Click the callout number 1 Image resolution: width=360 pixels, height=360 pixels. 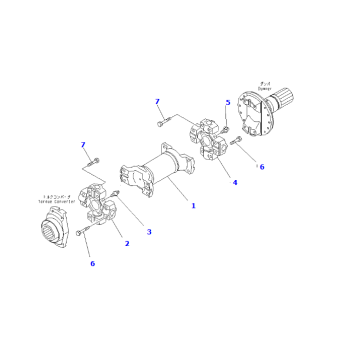click(x=193, y=206)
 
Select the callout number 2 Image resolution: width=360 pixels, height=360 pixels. click(x=127, y=243)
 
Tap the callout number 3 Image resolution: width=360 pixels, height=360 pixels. click(x=149, y=232)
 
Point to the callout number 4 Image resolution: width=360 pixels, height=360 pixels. click(x=235, y=183)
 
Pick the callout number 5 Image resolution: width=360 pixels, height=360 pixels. click(x=227, y=103)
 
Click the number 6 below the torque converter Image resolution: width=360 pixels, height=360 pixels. click(x=93, y=264)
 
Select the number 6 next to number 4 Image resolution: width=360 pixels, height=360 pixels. click(x=261, y=166)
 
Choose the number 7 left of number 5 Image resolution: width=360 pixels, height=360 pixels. click(x=158, y=102)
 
